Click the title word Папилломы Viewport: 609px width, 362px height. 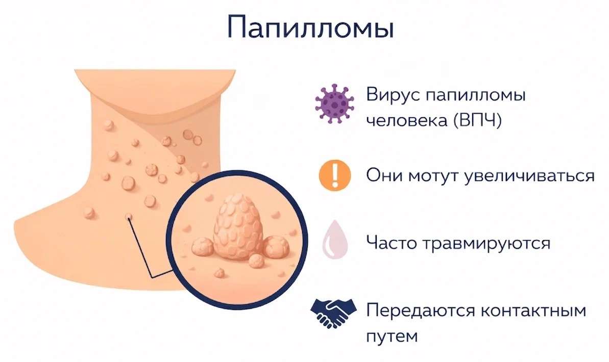310,27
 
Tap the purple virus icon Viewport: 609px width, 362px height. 334,104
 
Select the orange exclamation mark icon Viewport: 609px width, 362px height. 335,175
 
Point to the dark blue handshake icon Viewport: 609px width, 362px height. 333,313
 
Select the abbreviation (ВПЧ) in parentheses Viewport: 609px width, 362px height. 477,120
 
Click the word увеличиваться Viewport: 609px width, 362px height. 529,176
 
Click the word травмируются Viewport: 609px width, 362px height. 486,243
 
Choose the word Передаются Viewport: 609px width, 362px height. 421,311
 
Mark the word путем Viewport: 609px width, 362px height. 392,336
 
